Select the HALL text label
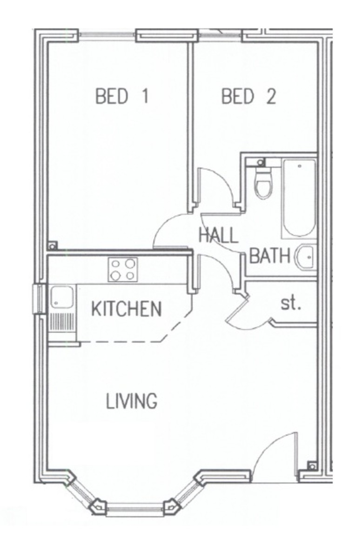click(218, 235)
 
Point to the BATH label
click(270, 256)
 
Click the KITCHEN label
click(126, 309)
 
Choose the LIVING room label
click(131, 401)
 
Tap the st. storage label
click(291, 305)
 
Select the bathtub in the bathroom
click(299, 198)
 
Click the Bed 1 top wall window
click(107, 34)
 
